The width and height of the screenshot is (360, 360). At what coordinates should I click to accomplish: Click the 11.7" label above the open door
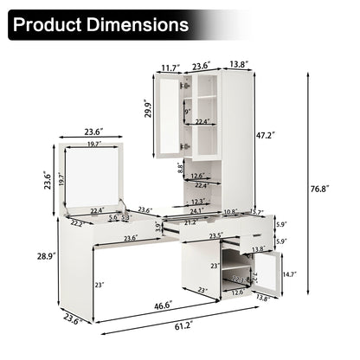point(168,64)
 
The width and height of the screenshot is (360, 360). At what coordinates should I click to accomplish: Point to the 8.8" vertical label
point(179,167)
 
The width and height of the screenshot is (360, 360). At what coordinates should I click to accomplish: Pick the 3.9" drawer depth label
point(157,228)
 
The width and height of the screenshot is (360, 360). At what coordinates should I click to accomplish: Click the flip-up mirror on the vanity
point(95,177)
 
